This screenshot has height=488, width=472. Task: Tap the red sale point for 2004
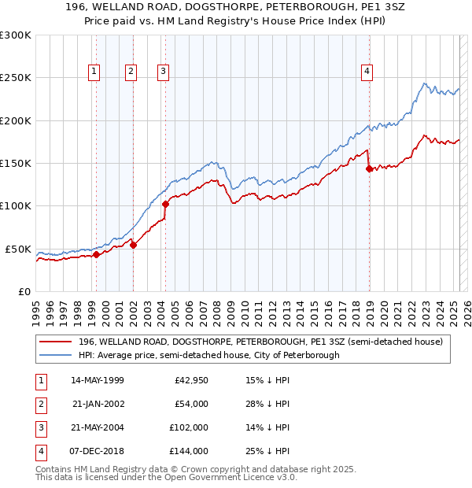point(166,204)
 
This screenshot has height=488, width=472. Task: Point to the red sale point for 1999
point(96,254)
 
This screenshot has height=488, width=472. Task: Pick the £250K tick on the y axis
point(16,78)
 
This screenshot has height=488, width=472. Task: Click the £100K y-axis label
point(16,206)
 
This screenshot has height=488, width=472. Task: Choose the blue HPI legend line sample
point(56,355)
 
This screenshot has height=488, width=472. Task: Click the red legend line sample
point(56,342)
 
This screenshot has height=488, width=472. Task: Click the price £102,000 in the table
point(190,427)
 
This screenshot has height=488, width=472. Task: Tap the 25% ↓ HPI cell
point(267,451)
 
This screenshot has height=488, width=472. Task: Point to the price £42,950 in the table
point(191,380)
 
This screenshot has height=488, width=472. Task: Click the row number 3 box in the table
point(39,427)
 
